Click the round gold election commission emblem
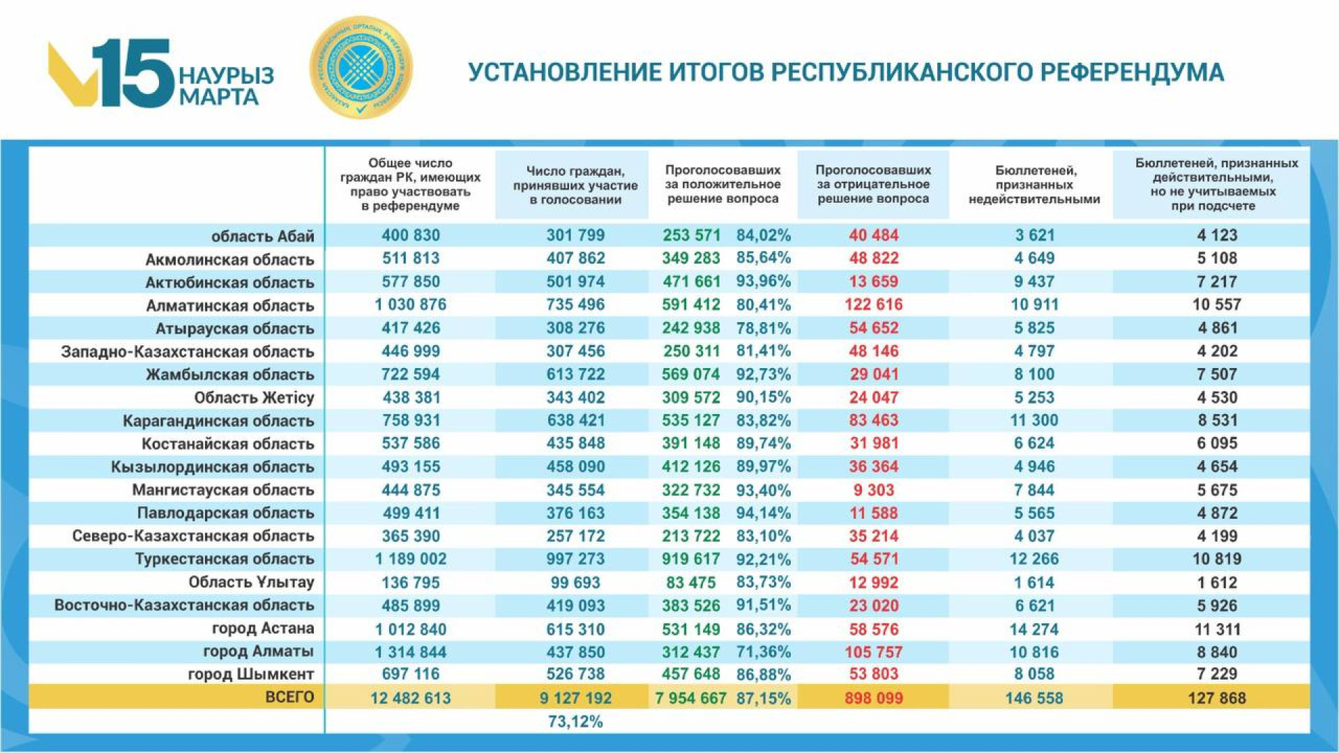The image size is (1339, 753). click(x=361, y=68)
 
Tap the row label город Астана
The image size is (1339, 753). click(x=263, y=628)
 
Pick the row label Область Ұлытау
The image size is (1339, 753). click(x=251, y=582)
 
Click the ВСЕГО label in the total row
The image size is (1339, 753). click(x=289, y=697)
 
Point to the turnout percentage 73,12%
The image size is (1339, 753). click(x=575, y=722)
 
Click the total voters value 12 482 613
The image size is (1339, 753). click(x=410, y=698)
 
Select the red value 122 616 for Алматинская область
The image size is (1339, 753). click(x=873, y=305)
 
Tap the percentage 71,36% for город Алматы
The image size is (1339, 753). click(x=764, y=652)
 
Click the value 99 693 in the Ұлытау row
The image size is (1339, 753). click(x=575, y=582)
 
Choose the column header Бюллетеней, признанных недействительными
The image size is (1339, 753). click(x=1034, y=185)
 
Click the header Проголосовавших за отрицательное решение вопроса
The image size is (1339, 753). click(x=873, y=184)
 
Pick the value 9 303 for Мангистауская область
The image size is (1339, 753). click(x=873, y=490)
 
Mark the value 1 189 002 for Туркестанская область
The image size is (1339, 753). click(x=410, y=559)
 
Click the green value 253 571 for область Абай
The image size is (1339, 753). click(x=691, y=236)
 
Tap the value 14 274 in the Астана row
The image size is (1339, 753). click(x=1034, y=629)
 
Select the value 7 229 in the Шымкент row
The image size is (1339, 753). click(x=1217, y=674)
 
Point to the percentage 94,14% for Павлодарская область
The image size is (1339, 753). click(x=764, y=513)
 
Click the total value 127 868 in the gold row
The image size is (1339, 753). click(x=1217, y=698)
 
